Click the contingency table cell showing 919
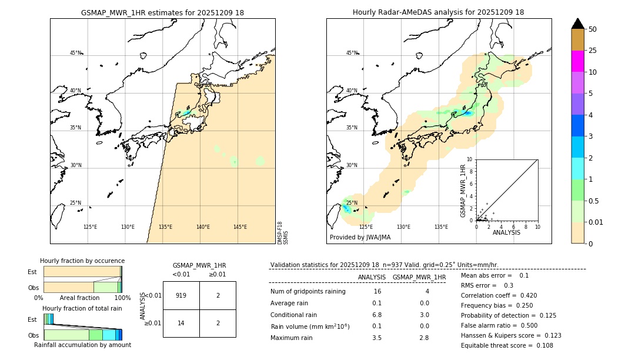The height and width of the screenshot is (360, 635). tap(181, 295)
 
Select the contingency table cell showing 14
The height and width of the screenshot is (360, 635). tap(181, 323)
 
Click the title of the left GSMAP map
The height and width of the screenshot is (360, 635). tap(162, 12)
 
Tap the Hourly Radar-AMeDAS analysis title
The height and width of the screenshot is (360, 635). tap(438, 12)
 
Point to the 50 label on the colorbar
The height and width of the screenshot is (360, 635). tap(593, 29)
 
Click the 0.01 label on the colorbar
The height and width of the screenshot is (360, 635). tap(596, 222)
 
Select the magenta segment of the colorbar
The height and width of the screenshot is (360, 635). tap(577, 61)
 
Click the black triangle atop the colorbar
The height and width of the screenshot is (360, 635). tap(577, 24)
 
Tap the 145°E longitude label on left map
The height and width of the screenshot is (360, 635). tap(239, 227)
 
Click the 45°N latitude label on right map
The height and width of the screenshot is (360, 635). tap(352, 53)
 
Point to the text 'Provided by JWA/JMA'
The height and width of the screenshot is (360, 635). tap(360, 238)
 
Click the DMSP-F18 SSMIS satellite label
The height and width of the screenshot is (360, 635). tap(283, 233)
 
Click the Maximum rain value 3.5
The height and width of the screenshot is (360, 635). tap(377, 338)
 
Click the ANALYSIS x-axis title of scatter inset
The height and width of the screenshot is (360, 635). tap(506, 233)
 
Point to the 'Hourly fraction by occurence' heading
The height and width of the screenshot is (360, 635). tap(82, 261)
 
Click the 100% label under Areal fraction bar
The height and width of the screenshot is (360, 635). tap(122, 298)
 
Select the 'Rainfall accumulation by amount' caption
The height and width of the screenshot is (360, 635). tap(82, 345)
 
